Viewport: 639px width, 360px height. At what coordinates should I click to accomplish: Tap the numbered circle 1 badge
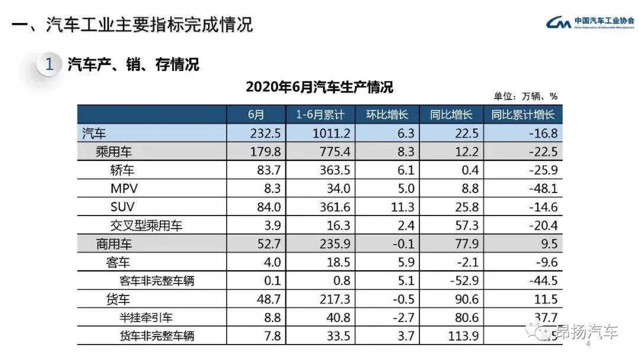coord(50,65)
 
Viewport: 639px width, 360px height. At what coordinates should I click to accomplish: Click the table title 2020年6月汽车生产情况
coord(319,88)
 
